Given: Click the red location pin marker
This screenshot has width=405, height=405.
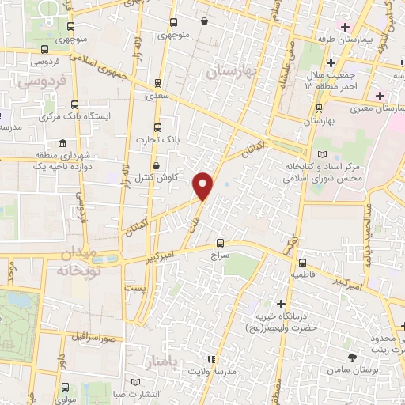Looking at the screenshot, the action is (x=203, y=184).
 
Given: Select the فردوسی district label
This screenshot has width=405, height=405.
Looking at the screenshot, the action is (x=40, y=81).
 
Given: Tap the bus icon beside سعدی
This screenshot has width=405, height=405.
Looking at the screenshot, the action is (x=157, y=81).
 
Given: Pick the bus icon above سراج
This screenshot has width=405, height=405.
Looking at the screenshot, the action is (x=221, y=243).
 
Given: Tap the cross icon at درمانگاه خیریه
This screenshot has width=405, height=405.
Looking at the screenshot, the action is (x=281, y=304).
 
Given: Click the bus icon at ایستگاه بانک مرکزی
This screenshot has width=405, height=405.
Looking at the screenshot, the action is (x=75, y=104).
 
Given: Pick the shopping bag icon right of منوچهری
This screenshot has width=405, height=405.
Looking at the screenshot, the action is (x=206, y=22).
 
